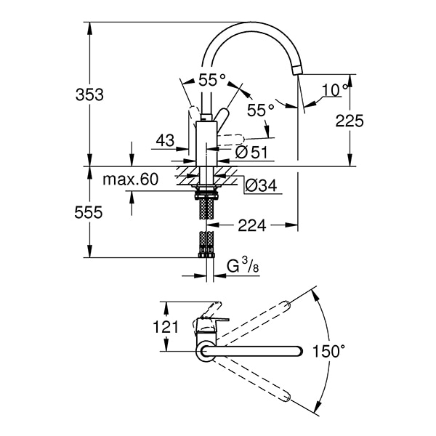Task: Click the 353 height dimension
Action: (x=90, y=94)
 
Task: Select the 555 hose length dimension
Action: (x=90, y=212)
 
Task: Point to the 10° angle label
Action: (x=334, y=90)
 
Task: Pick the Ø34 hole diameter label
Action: (x=261, y=186)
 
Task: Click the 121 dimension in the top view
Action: (x=166, y=327)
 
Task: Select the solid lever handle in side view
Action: (x=219, y=116)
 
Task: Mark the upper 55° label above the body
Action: (x=212, y=78)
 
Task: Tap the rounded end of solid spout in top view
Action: (x=298, y=352)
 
